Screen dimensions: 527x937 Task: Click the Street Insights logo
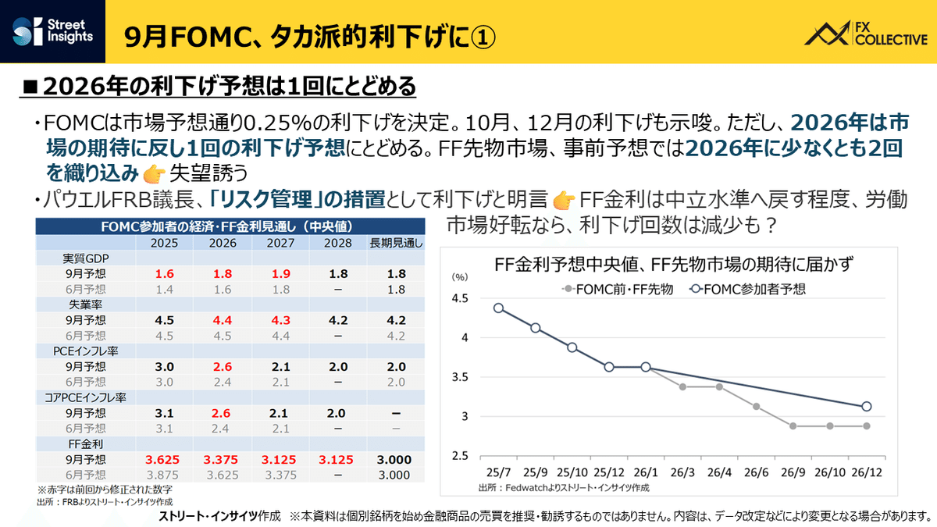(x=54, y=32)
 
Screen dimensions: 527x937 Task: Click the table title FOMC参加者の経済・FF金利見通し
(x=226, y=227)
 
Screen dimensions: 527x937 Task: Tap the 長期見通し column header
(x=397, y=243)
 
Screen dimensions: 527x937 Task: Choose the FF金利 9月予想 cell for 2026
(x=223, y=459)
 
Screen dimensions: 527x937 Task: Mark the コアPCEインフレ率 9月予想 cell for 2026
(x=223, y=413)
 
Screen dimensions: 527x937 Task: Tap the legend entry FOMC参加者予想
(x=750, y=288)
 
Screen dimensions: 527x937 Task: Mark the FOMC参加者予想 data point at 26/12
(x=867, y=406)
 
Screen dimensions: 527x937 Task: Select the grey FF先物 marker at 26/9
(x=793, y=426)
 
